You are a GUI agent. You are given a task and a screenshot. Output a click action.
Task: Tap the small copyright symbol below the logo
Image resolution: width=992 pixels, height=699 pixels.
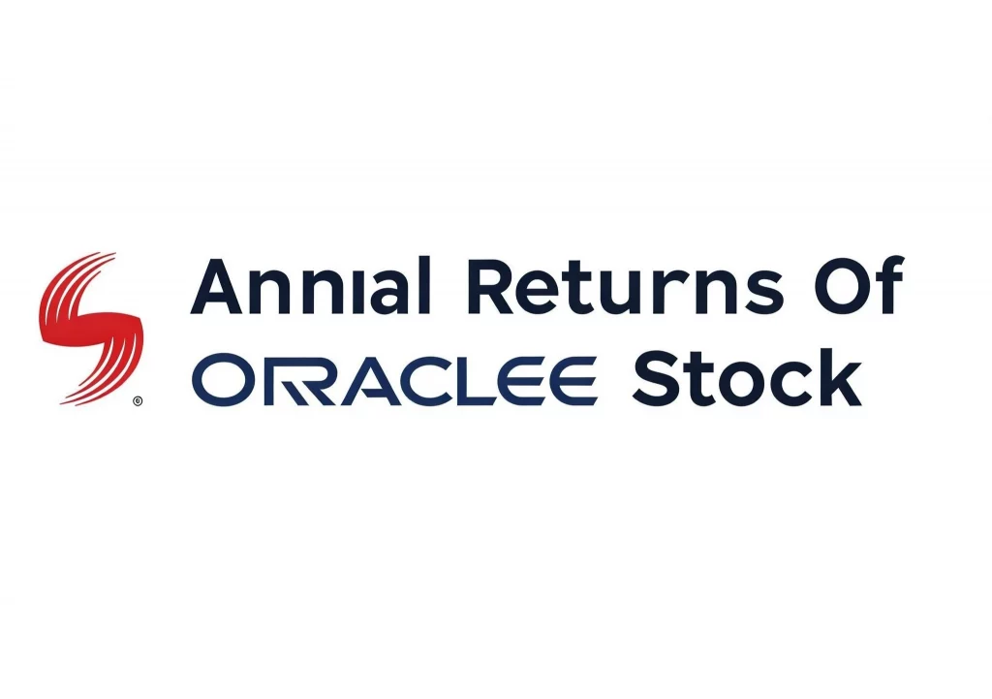click(137, 399)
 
